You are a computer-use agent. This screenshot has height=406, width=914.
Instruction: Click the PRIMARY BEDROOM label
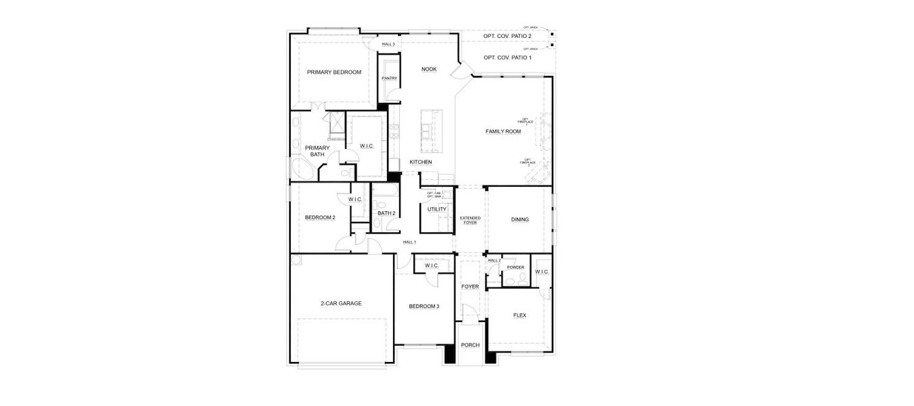tap(334, 72)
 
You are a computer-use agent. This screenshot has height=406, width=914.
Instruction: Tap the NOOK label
tap(429, 69)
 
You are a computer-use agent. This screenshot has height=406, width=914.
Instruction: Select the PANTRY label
tap(389, 78)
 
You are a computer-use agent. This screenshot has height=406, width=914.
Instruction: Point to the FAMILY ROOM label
tap(503, 131)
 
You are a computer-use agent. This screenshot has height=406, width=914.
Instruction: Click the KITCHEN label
tap(420, 162)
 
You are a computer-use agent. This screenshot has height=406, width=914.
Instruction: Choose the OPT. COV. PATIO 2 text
tap(507, 36)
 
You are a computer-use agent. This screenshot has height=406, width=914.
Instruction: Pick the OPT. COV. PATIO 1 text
tap(507, 58)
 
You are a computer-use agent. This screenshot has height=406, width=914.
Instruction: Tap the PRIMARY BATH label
tap(317, 151)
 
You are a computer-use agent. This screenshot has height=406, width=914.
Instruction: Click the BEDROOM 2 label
tap(319, 218)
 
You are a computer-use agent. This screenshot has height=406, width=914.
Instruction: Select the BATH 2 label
tap(386, 214)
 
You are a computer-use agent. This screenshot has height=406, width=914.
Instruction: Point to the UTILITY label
tap(436, 210)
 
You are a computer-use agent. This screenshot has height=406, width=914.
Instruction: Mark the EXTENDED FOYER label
tap(470, 220)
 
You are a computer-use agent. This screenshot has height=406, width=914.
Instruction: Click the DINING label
tap(520, 220)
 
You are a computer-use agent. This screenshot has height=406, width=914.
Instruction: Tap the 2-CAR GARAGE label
tap(341, 304)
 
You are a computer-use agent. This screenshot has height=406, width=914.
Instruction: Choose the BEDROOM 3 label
tap(424, 307)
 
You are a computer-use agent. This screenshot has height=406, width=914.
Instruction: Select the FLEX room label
tap(520, 316)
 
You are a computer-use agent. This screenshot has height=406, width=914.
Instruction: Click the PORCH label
tap(470, 345)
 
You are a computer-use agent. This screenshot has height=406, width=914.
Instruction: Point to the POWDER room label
tap(516, 267)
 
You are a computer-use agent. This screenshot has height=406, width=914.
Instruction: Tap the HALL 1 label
tap(409, 242)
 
